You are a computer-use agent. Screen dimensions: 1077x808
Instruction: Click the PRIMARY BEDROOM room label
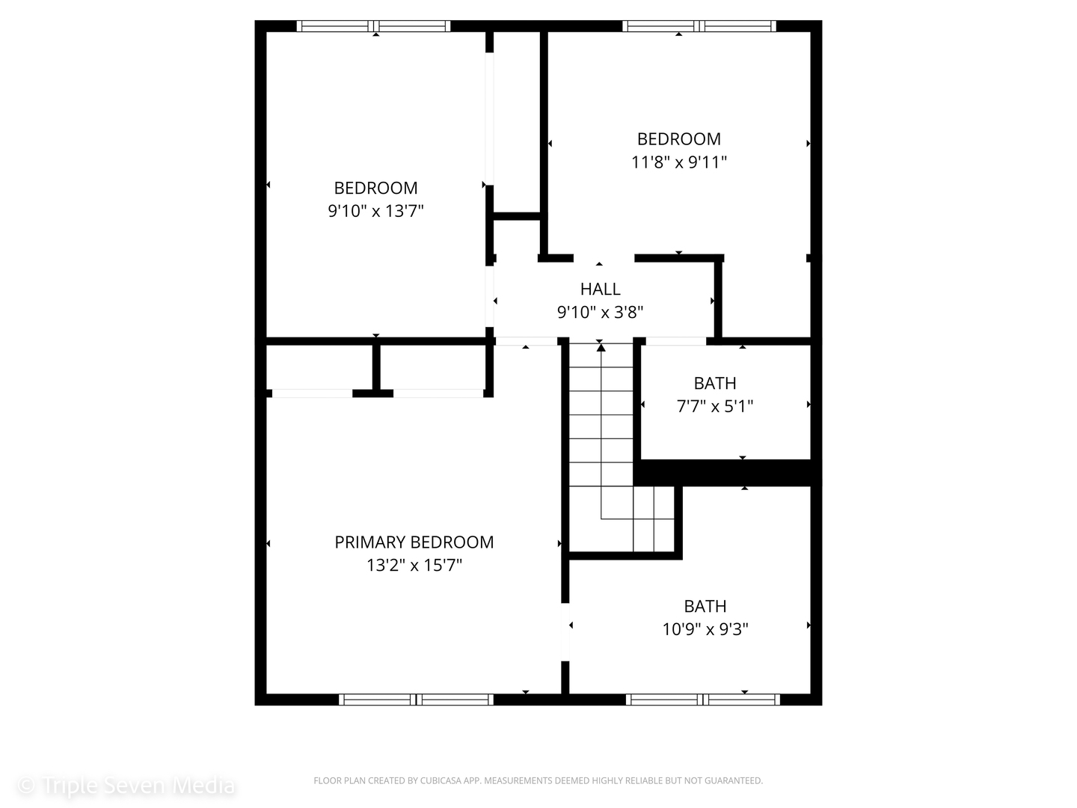(414, 542)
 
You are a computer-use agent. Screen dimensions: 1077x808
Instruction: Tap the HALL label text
(600, 289)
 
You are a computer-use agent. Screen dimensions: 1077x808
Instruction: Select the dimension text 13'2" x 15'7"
(414, 565)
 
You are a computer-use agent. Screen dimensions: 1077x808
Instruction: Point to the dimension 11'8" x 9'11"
(678, 162)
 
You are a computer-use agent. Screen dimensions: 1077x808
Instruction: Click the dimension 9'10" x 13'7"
(375, 211)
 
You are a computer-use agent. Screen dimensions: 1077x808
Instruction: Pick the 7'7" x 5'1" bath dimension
(715, 406)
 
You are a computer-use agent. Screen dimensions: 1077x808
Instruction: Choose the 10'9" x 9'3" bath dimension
(705, 629)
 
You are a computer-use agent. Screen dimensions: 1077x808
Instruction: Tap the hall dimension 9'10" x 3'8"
(600, 312)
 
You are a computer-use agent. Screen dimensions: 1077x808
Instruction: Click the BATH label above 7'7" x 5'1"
(715, 383)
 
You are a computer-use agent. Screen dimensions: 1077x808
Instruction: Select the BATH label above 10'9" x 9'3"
(705, 606)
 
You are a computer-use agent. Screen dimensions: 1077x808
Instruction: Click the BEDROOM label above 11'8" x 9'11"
(678, 139)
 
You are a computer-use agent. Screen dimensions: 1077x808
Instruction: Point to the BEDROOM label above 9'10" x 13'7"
(375, 188)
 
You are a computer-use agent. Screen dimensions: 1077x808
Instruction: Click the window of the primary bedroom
(416, 699)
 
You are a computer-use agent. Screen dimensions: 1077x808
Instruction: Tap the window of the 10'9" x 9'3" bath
(702, 699)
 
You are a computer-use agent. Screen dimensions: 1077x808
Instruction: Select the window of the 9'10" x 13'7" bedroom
(373, 26)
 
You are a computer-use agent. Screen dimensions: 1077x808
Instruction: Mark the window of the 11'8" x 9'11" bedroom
(699, 26)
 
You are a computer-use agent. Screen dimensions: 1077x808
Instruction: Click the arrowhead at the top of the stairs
(601, 347)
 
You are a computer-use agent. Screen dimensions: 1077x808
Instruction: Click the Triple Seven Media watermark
(126, 786)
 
